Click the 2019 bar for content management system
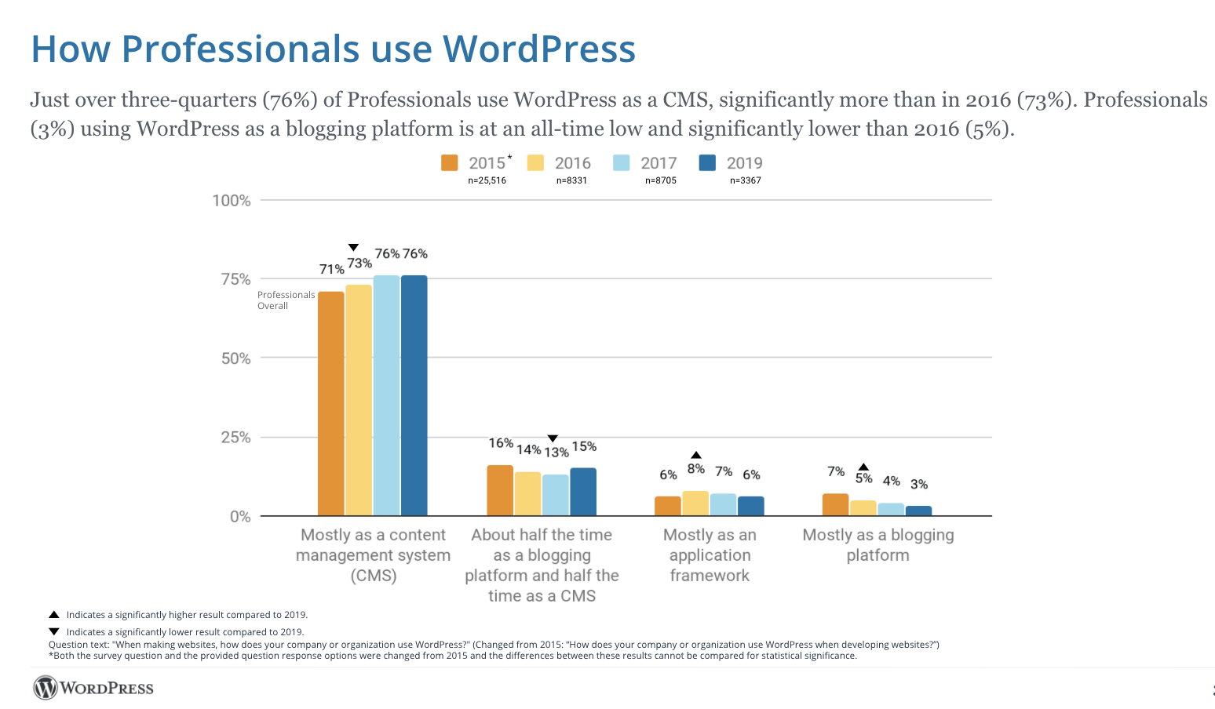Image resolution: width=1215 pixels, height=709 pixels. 414,395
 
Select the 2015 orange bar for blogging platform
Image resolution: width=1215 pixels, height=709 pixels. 835,504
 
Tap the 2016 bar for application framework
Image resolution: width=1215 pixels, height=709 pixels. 695,504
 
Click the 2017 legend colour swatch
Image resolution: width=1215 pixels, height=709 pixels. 622,162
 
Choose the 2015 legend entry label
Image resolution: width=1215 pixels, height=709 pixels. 487,162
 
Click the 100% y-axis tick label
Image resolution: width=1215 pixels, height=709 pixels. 232,200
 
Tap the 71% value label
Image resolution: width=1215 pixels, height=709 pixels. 331,269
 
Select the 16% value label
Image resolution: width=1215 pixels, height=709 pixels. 501,443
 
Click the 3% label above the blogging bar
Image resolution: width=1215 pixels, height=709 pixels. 919,484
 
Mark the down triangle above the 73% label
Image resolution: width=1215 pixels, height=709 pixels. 353,248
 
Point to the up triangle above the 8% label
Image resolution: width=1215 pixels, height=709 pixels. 695,455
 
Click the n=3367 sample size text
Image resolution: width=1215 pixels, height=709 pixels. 745,180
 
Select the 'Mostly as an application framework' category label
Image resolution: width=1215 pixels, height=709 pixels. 710,554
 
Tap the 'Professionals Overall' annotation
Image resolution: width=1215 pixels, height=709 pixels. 286,300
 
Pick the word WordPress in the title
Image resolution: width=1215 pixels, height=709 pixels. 539,49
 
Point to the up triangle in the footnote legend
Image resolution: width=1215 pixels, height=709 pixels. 54,615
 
